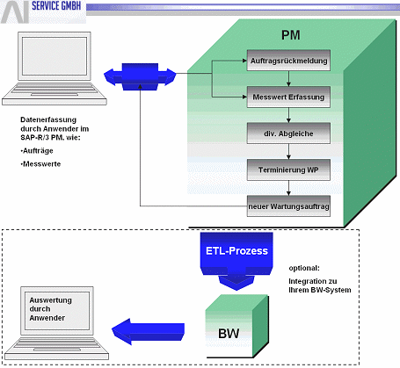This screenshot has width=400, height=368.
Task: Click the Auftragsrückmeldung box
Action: click(x=288, y=61)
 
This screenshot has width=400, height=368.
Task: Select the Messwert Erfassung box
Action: click(x=288, y=97)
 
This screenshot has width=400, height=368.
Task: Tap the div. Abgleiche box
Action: click(x=288, y=133)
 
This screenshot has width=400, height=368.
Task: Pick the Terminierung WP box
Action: click(x=288, y=170)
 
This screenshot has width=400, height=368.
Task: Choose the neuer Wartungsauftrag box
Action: click(x=288, y=206)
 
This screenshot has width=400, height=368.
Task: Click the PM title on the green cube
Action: click(x=291, y=35)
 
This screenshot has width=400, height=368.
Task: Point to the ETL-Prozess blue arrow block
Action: click(x=236, y=257)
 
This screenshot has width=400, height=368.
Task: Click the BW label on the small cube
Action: click(x=229, y=333)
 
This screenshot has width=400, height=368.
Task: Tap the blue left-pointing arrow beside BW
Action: click(x=148, y=332)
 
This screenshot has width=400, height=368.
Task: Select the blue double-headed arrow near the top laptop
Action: click(x=140, y=76)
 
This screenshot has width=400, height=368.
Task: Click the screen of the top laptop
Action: click(x=55, y=56)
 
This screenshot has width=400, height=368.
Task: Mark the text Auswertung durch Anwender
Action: click(x=50, y=309)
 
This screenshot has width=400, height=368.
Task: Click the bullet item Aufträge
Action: click(x=37, y=151)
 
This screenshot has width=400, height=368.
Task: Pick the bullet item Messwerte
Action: click(x=40, y=164)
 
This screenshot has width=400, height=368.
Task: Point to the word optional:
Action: click(x=304, y=268)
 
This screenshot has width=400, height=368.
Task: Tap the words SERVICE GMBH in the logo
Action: click(x=56, y=5)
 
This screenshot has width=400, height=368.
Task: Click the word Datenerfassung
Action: click(x=48, y=119)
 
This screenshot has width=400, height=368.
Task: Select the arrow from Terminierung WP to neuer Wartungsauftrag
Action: click(x=288, y=188)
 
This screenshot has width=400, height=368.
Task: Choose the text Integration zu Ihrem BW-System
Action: click(x=320, y=285)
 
